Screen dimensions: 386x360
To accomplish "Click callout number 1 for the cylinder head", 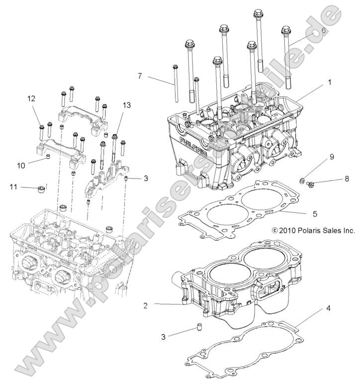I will tap(329, 81).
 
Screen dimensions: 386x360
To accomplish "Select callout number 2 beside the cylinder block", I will tap(145, 306).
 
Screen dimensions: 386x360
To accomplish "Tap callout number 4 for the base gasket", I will tap(328, 308).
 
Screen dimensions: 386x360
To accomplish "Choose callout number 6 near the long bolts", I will tap(323, 30).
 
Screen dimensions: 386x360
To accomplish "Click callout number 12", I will tap(31, 99).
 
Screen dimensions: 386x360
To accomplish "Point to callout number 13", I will tap(127, 104).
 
